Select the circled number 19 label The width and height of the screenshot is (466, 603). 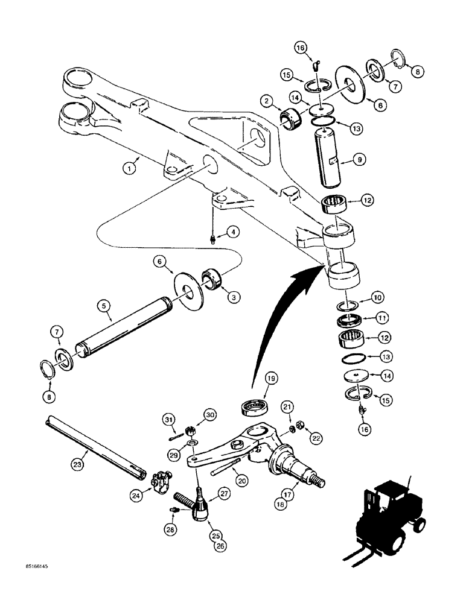pos(270,379)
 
